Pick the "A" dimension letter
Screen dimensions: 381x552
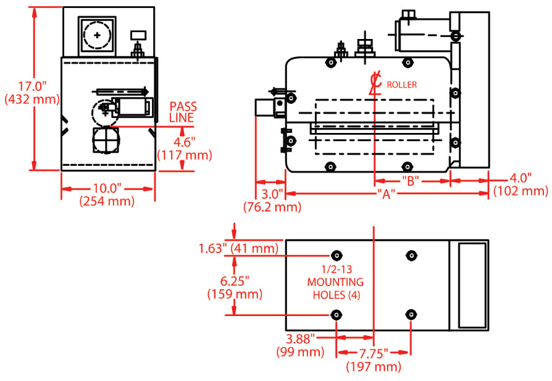(386, 194)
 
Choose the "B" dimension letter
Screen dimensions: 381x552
(411, 181)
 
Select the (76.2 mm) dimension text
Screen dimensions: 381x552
(272, 207)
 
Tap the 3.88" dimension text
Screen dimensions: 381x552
(301, 339)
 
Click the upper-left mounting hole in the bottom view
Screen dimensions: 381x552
(337, 255)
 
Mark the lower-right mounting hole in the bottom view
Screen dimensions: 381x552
(411, 315)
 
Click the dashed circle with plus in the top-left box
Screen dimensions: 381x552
(97, 35)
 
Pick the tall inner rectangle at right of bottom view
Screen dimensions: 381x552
(472, 285)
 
